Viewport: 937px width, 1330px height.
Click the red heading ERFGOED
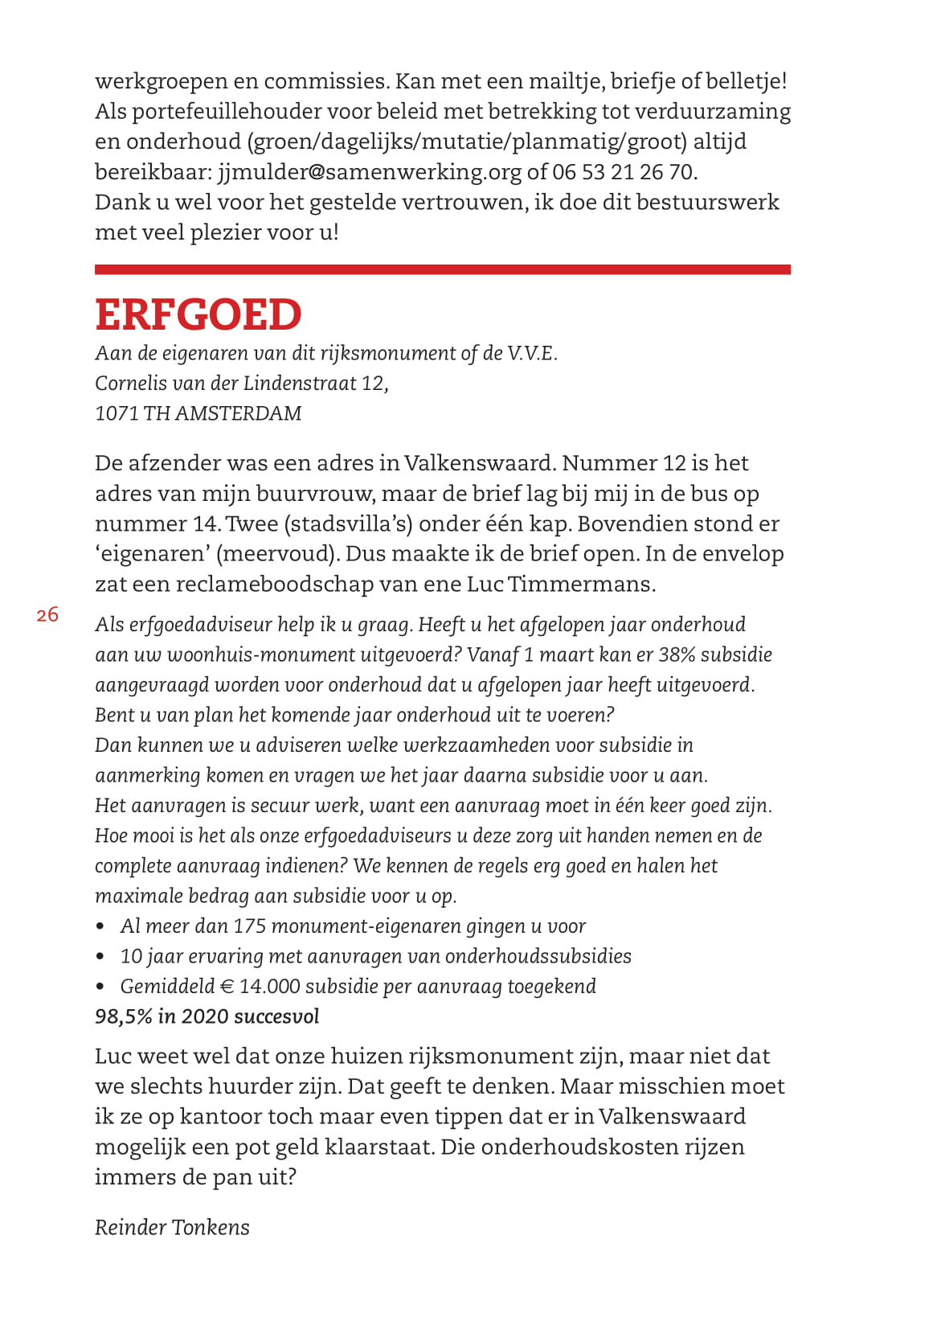[x=198, y=314]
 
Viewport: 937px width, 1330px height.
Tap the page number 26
[x=47, y=615]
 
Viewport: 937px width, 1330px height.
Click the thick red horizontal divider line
[x=442, y=269]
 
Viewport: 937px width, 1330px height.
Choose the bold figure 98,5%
[x=123, y=1016]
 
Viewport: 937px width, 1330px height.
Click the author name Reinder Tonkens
[x=172, y=1228]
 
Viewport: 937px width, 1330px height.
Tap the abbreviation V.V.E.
[x=532, y=353]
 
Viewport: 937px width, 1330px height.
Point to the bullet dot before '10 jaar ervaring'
[x=100, y=957]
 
